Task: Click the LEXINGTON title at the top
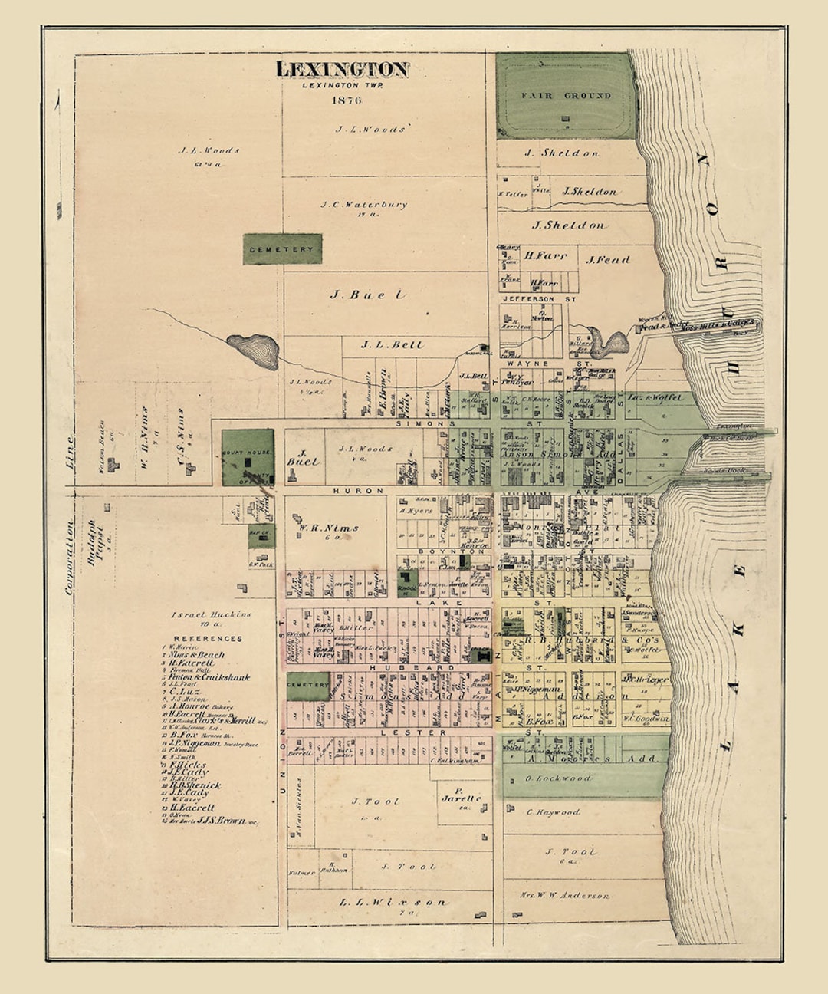click(x=342, y=69)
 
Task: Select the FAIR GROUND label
click(x=566, y=96)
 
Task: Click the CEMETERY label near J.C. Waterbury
click(x=281, y=249)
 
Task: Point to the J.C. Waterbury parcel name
click(x=364, y=205)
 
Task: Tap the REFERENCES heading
click(x=208, y=638)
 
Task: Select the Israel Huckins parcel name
click(x=211, y=614)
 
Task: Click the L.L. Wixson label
click(x=392, y=903)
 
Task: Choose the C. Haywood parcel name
click(x=554, y=811)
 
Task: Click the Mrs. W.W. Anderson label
click(x=564, y=895)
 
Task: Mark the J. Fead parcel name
click(x=608, y=260)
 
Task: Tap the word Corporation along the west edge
click(x=71, y=558)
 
